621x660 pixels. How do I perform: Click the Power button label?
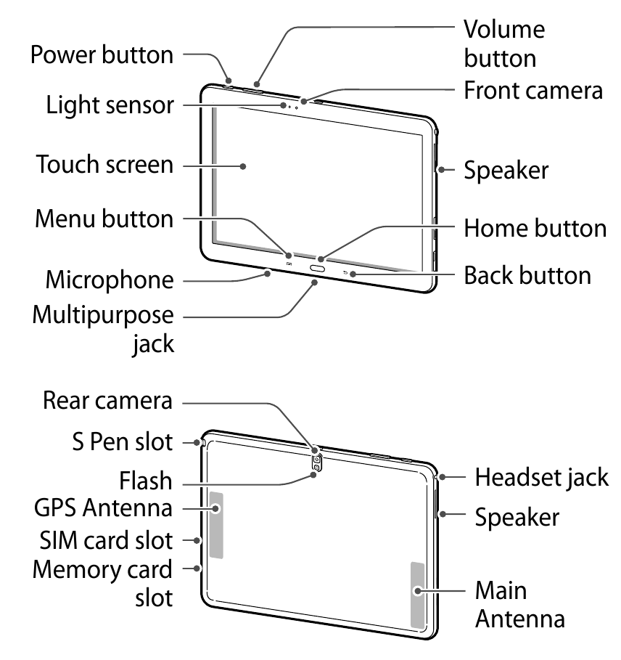coord(102,54)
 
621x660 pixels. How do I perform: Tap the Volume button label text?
coord(503,44)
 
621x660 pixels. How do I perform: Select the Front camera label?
coord(533,91)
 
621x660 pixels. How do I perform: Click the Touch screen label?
coord(106,165)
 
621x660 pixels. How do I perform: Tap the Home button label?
coord(535,228)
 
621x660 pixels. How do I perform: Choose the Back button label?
coord(527,275)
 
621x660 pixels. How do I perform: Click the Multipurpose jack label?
coord(104,328)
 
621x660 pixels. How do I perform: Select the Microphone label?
coord(110,280)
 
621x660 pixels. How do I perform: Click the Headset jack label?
coord(541,477)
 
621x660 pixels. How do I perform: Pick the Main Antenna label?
coord(519,603)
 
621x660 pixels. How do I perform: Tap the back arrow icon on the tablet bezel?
coord(345,274)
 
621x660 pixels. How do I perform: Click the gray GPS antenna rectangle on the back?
coord(216,525)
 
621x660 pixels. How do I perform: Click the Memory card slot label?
coord(103,583)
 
